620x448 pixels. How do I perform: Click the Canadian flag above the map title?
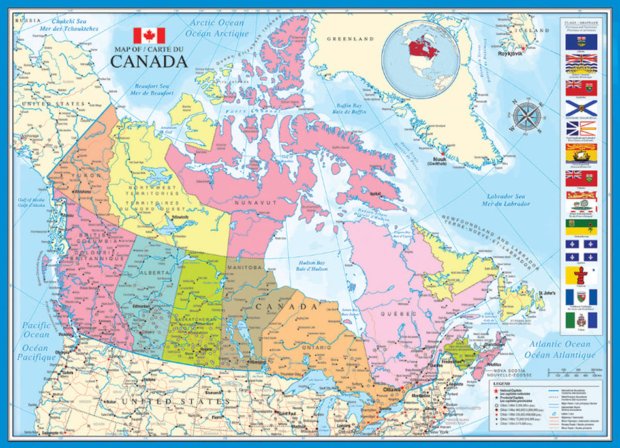point(149,35)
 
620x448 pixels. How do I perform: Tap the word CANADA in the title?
point(149,62)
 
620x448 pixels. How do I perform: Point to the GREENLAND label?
point(350,38)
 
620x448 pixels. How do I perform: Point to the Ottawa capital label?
point(393,389)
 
